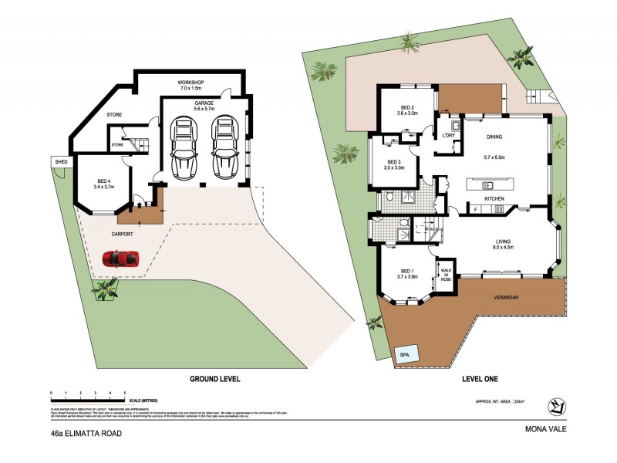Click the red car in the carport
(121, 259)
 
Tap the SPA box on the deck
(406, 354)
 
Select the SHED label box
(59, 161)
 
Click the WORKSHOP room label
(190, 82)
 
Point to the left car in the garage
(184, 147)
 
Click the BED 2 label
(408, 108)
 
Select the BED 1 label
(405, 271)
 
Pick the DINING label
(494, 137)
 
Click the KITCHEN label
(494, 199)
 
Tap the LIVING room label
(504, 242)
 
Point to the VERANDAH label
(506, 297)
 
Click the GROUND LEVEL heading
(215, 379)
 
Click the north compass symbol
(557, 406)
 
